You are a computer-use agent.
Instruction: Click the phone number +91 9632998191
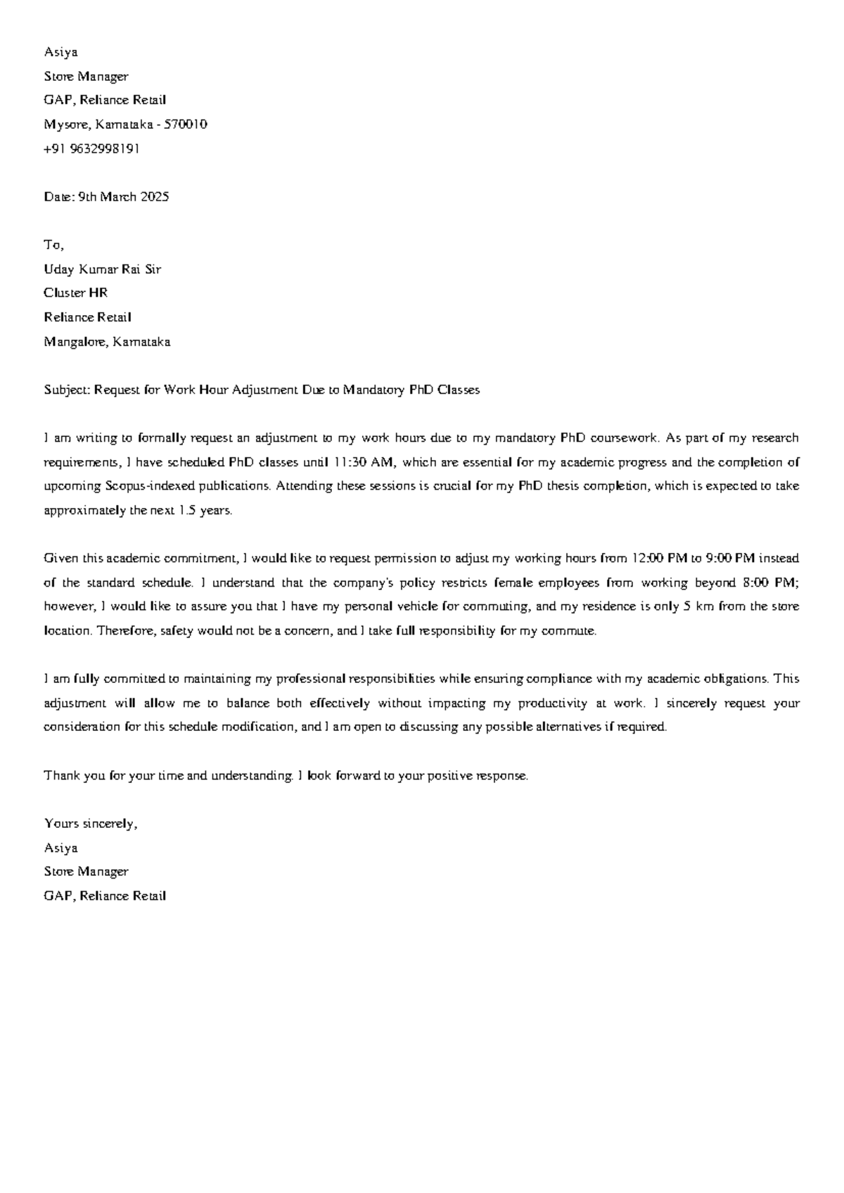tap(91, 148)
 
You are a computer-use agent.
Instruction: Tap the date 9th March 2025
tap(123, 197)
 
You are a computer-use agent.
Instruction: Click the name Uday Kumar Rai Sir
tap(102, 269)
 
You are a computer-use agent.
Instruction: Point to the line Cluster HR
tap(75, 293)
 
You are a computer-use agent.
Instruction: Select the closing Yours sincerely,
tap(90, 824)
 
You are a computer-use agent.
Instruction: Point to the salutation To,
tap(54, 245)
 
